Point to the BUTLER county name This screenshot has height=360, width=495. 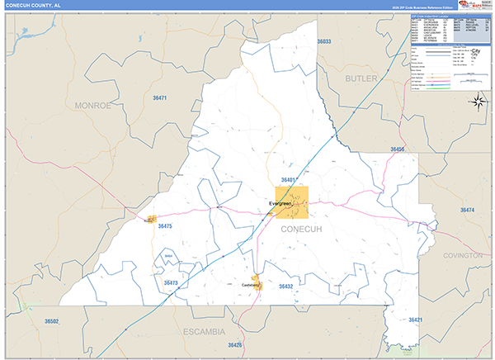click(x=361, y=78)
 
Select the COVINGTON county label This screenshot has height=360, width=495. click(x=462, y=256)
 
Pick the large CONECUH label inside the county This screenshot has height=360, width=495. click(x=305, y=228)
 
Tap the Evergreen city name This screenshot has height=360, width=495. click(x=281, y=203)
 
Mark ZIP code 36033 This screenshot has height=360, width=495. click(x=323, y=41)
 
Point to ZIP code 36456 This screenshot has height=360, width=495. click(x=398, y=149)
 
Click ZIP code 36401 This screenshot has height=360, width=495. click(x=288, y=179)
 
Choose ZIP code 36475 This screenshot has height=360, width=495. click(x=164, y=225)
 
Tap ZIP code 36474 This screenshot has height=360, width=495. click(x=468, y=211)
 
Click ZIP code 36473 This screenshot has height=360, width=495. click(x=171, y=282)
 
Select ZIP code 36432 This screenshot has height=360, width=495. click(x=285, y=286)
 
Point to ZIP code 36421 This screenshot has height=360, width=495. click(x=415, y=320)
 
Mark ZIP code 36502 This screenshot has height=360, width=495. click(x=52, y=320)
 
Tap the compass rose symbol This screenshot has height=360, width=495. click(x=478, y=102)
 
